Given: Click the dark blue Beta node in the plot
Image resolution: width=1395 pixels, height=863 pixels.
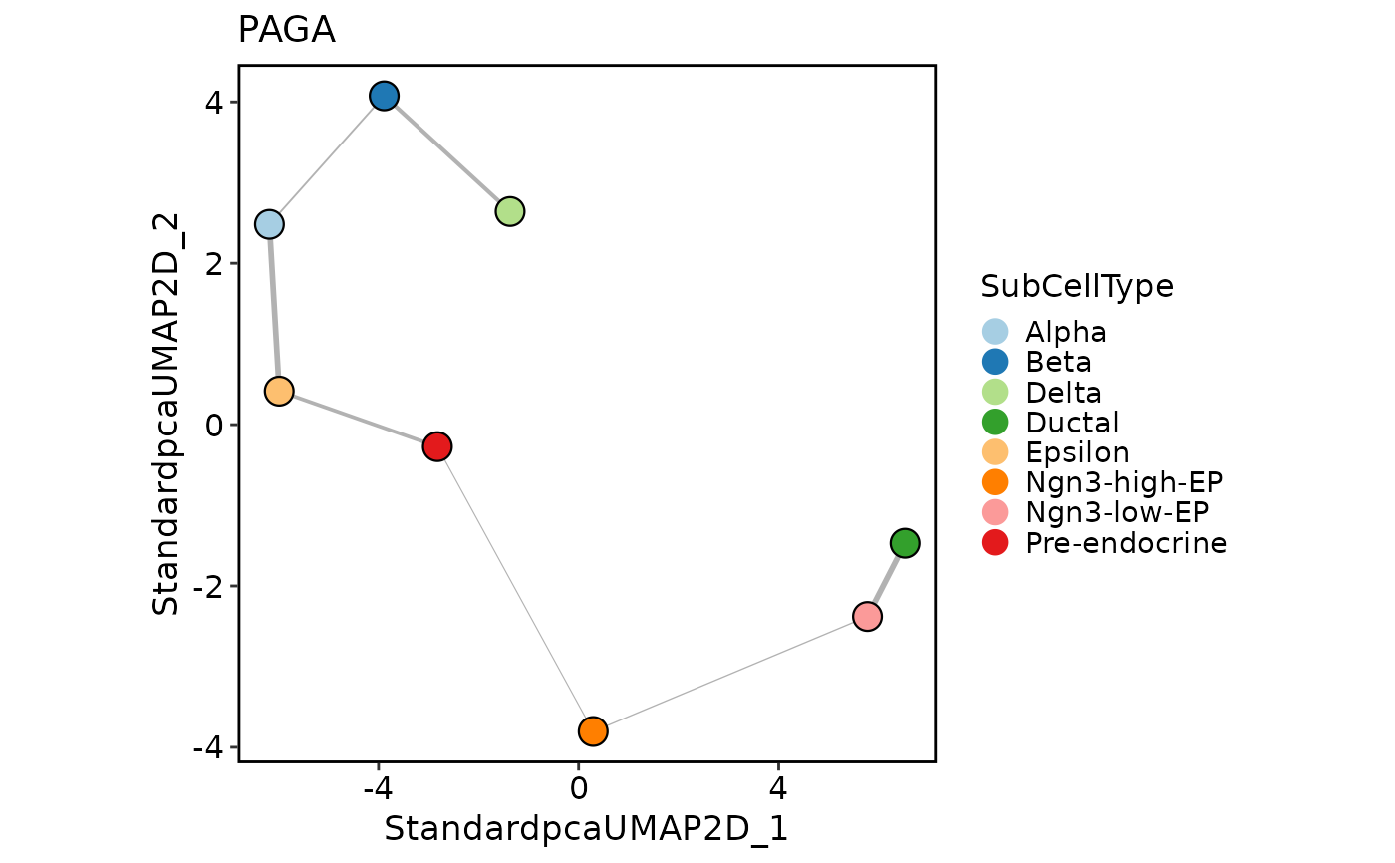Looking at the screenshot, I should click(385, 96).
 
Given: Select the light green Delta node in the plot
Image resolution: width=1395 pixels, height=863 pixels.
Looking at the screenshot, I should click(510, 211).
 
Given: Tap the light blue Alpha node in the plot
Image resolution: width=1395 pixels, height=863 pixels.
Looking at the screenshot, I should click(269, 224).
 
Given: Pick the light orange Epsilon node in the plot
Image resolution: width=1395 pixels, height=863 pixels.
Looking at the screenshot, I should click(279, 391).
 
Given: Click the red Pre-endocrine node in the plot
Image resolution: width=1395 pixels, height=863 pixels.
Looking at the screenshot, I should click(437, 446).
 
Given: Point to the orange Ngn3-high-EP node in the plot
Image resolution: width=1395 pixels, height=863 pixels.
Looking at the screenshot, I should click(593, 731).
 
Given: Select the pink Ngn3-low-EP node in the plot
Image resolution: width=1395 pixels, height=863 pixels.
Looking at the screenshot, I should click(868, 617).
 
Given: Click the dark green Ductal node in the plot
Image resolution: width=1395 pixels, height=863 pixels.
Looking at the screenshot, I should click(905, 543).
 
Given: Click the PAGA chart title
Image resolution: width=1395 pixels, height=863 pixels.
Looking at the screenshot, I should click(286, 31).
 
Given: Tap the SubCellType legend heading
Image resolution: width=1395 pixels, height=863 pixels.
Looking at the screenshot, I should click(1077, 286).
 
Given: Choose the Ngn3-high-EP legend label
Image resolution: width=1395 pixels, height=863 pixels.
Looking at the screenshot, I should click(1124, 482).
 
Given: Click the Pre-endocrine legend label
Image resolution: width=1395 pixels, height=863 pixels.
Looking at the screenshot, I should click(1126, 543).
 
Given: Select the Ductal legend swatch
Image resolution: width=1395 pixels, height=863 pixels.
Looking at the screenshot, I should click(995, 422).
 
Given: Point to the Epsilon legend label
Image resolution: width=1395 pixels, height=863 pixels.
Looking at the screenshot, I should click(1077, 452).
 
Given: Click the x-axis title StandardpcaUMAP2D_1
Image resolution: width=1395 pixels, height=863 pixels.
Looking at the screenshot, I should click(586, 829).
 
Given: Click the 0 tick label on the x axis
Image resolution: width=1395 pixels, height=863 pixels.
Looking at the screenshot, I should click(578, 788).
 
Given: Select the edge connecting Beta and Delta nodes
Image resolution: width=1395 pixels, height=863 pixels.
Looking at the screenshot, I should click(447, 153).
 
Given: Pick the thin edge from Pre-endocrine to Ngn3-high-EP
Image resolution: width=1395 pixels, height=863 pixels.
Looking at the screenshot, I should click(515, 589).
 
